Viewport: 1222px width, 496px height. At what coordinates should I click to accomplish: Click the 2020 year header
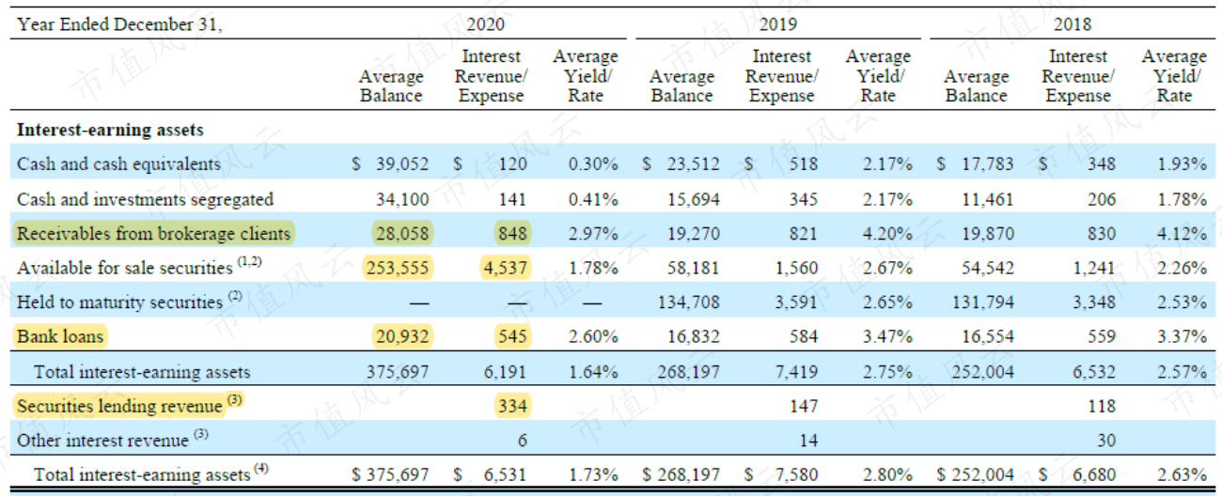pos(486,24)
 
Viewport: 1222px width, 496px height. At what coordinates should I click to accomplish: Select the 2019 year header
pos(778,24)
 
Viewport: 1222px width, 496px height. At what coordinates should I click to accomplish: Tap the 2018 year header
pos(1073,24)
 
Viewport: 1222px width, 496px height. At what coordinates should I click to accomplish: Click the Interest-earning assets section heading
pos(110,130)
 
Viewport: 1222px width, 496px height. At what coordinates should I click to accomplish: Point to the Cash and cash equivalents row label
pos(118,163)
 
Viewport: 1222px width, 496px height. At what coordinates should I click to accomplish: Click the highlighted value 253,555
pos(398,268)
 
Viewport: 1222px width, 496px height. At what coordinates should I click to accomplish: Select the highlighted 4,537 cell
pos(505,268)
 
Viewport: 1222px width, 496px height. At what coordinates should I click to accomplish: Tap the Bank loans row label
pos(60,336)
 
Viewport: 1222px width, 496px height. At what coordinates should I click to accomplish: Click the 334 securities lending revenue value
pos(512,406)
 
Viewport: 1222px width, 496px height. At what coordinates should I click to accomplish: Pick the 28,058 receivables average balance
pos(402,233)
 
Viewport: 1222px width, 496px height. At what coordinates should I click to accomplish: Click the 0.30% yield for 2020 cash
pos(593,163)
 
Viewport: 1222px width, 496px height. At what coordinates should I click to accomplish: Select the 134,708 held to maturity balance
pos(688,302)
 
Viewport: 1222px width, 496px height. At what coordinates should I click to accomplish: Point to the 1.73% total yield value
pos(593,474)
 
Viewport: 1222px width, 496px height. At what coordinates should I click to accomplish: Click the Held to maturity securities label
pos(120,302)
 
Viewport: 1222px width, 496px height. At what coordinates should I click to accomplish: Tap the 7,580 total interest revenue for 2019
pos(796,474)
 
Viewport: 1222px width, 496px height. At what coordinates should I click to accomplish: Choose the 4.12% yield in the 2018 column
pos(1182,233)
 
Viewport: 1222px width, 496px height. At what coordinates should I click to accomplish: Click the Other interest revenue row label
pos(102,441)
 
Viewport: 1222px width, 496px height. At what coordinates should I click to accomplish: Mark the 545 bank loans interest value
pos(512,336)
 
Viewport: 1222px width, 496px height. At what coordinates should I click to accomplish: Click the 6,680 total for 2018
pos(1094,474)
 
